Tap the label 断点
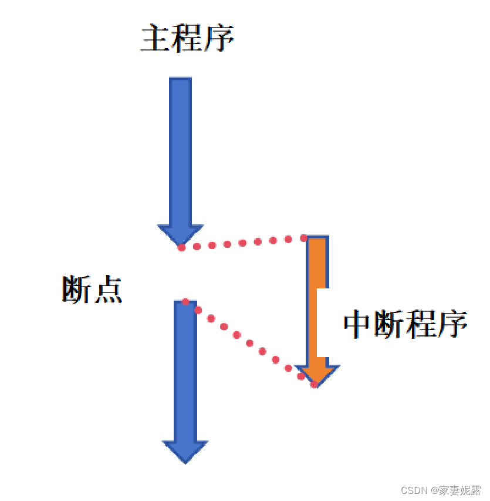tap(92, 290)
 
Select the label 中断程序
tap(405, 324)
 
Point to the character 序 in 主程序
tap(219, 39)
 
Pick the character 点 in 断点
tap(107, 290)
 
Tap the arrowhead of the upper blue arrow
tap(180, 234)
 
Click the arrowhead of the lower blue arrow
tap(185, 451)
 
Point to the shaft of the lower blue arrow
tap(185, 370)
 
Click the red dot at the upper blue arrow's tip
tap(181, 247)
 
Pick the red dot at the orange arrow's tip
tap(315, 385)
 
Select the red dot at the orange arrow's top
tap(304, 238)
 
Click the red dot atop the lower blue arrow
tap(185, 301)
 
